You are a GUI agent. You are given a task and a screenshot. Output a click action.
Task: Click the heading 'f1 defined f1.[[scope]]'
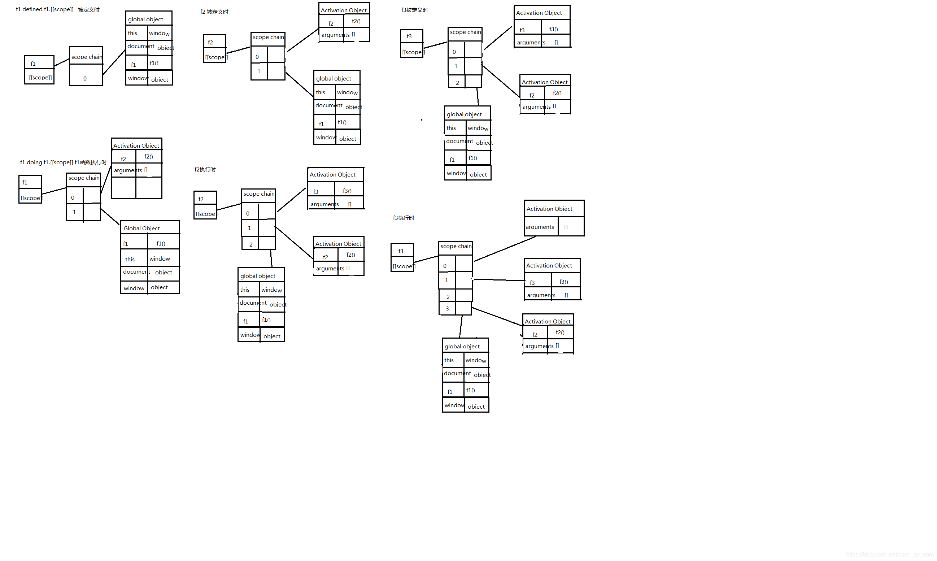(45, 9)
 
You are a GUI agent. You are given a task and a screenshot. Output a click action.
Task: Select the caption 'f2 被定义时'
(214, 12)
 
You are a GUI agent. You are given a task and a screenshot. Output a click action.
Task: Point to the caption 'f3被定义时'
(414, 10)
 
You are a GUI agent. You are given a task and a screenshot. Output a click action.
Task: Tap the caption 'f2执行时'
(205, 170)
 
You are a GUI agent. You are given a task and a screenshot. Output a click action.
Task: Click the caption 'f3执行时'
(403, 218)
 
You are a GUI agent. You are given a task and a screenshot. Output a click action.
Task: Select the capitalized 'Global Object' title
(142, 228)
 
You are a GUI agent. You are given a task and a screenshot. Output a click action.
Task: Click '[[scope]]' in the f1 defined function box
(40, 78)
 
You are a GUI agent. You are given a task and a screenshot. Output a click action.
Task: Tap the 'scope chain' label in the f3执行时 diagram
(456, 247)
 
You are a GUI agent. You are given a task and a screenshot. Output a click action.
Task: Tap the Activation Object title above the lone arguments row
(549, 209)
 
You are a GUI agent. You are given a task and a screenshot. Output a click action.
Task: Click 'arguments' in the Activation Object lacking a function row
(540, 227)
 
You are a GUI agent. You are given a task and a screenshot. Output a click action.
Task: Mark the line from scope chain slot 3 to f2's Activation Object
(497, 317)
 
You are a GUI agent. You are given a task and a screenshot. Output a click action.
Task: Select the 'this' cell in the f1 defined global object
(132, 33)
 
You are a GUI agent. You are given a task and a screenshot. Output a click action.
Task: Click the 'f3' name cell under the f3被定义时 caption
(409, 36)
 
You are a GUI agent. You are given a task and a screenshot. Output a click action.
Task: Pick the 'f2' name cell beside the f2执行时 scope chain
(201, 199)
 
